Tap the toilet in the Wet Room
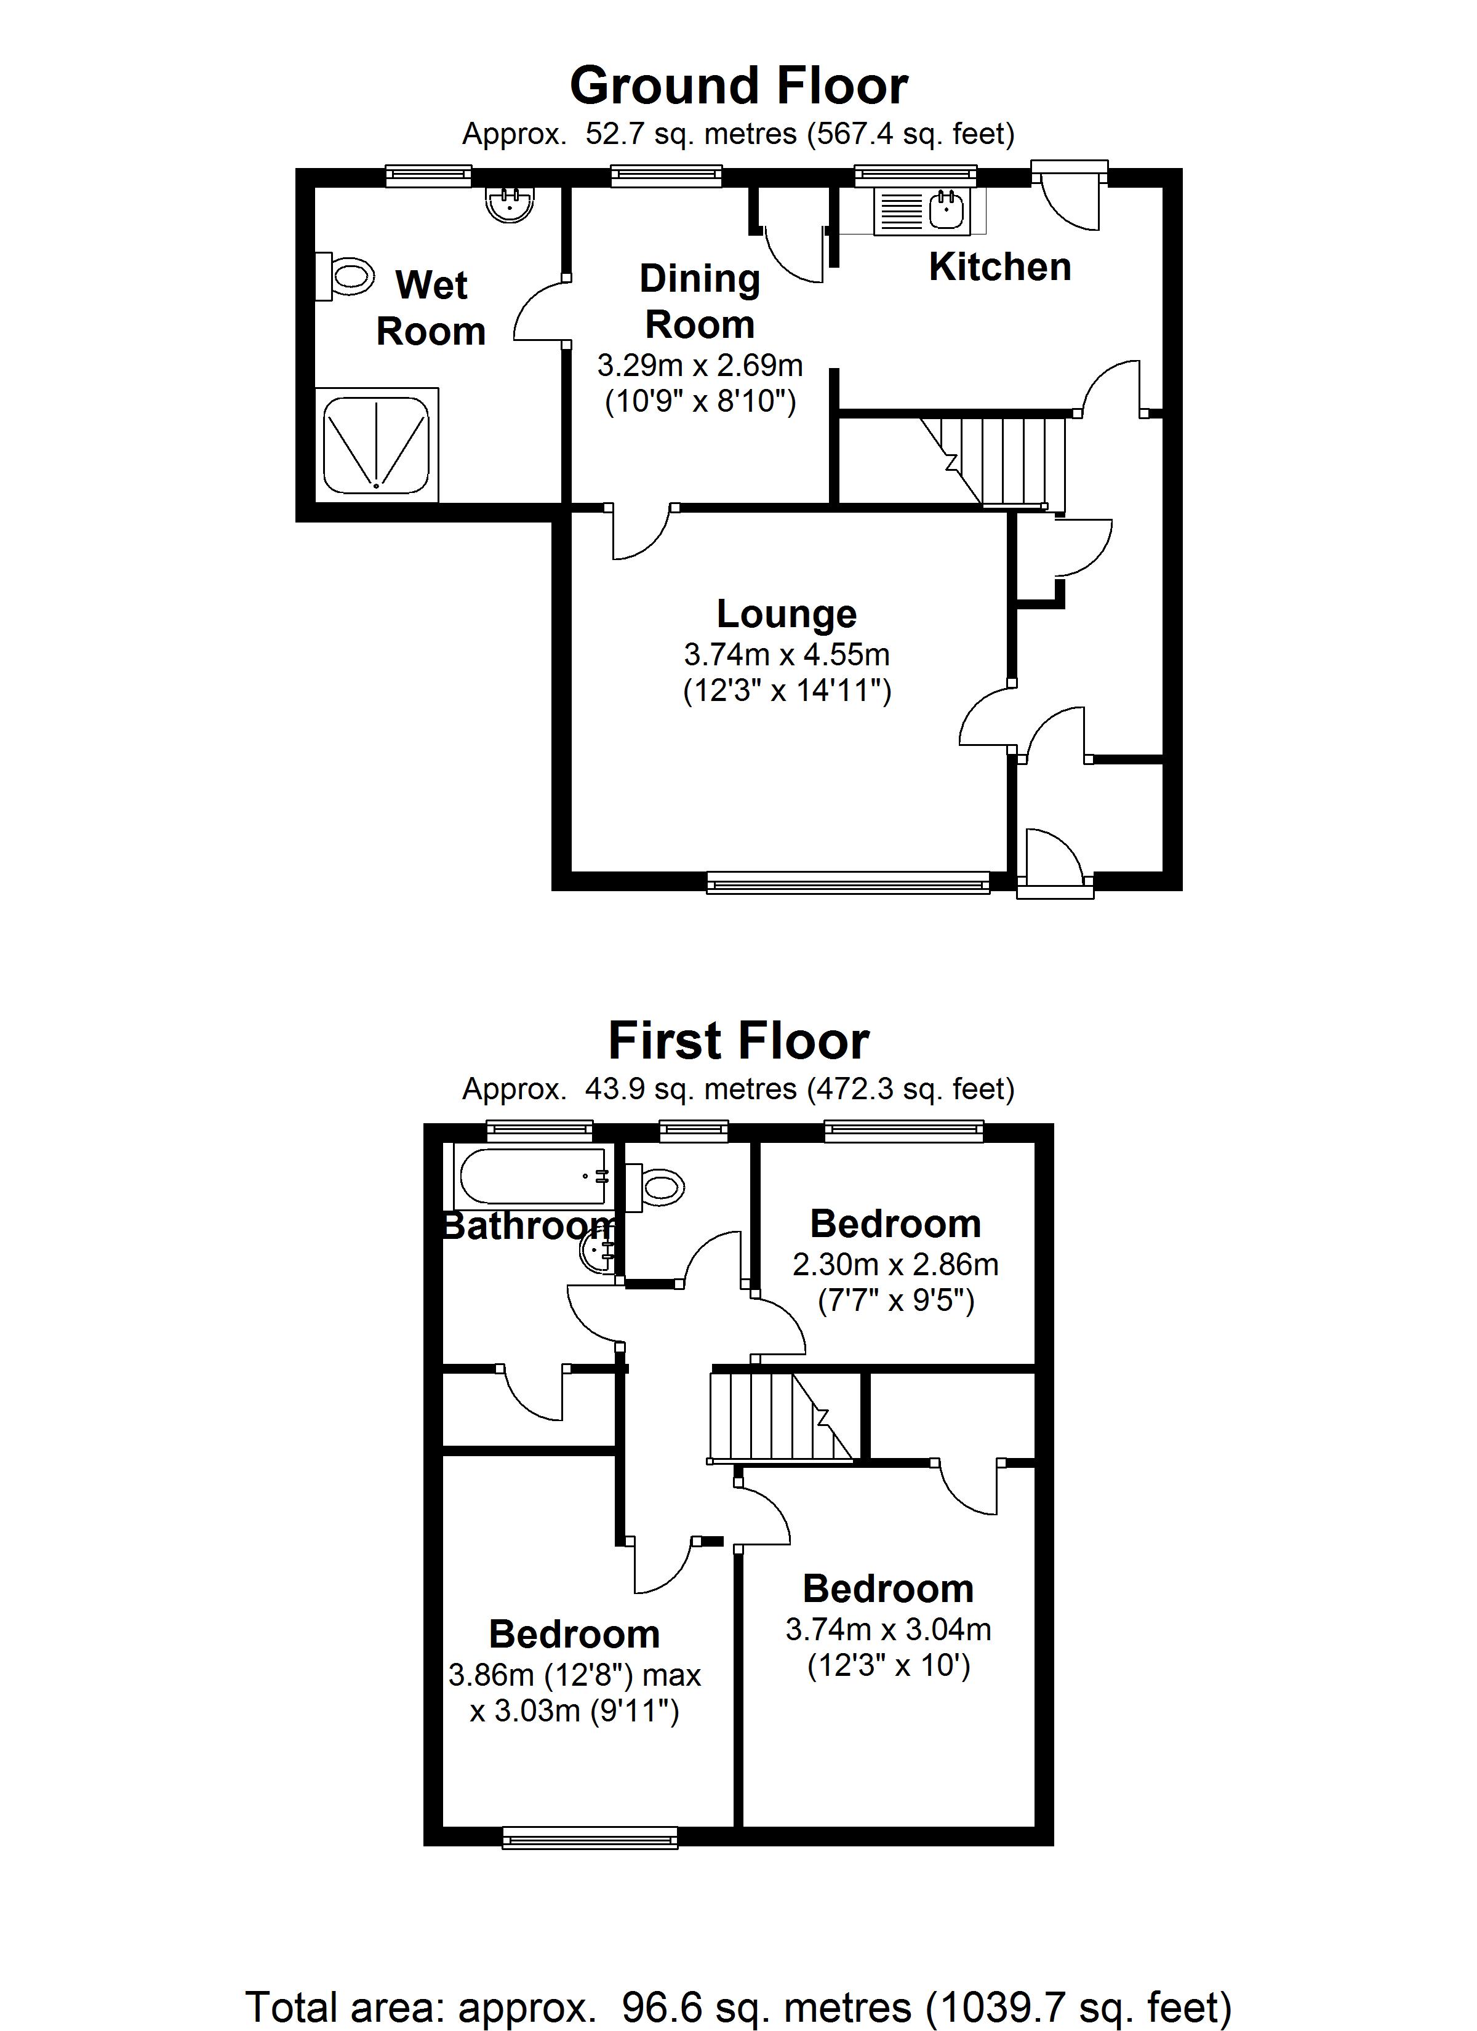click(x=346, y=277)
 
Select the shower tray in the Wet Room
click(x=376, y=444)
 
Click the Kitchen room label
click(x=999, y=267)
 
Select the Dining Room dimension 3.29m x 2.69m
click(x=700, y=366)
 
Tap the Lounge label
click(x=787, y=614)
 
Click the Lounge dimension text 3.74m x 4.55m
click(x=787, y=655)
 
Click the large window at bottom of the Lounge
click(x=847, y=884)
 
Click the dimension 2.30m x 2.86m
click(x=895, y=1264)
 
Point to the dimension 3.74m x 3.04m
click(x=887, y=1629)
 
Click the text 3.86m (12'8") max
click(x=574, y=1675)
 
